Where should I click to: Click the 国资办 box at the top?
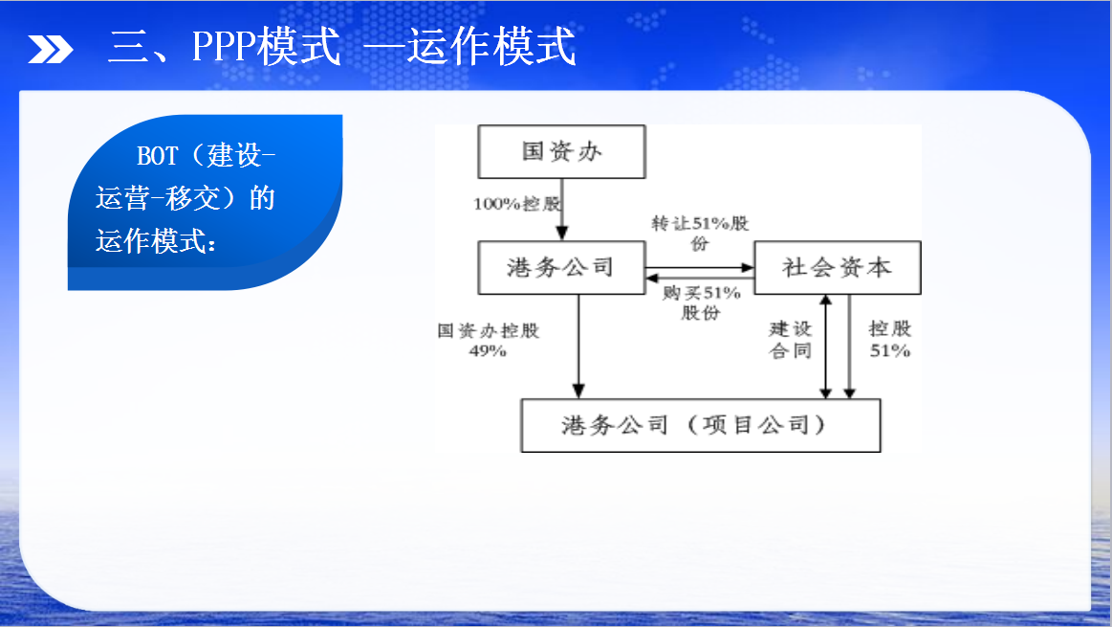tap(561, 152)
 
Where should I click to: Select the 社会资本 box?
tap(838, 268)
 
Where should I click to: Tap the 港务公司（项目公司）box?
tap(701, 425)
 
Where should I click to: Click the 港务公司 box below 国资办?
tap(561, 268)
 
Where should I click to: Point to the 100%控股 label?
tap(517, 205)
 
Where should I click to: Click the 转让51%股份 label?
tap(700, 234)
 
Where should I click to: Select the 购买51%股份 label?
tap(701, 302)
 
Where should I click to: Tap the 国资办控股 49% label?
tap(488, 340)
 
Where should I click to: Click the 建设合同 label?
tap(790, 340)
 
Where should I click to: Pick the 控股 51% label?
tap(890, 340)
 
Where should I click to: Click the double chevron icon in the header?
tap(51, 49)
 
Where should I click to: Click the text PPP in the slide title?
tap(224, 47)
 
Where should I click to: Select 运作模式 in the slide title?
tap(491, 47)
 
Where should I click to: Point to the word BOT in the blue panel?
tap(158, 155)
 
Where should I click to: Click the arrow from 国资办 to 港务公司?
tap(562, 210)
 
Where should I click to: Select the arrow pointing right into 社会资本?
tap(699, 268)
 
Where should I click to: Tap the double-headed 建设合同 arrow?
tap(825, 347)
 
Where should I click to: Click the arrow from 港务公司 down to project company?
tap(578, 347)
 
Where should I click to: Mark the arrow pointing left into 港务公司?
tap(699, 279)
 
